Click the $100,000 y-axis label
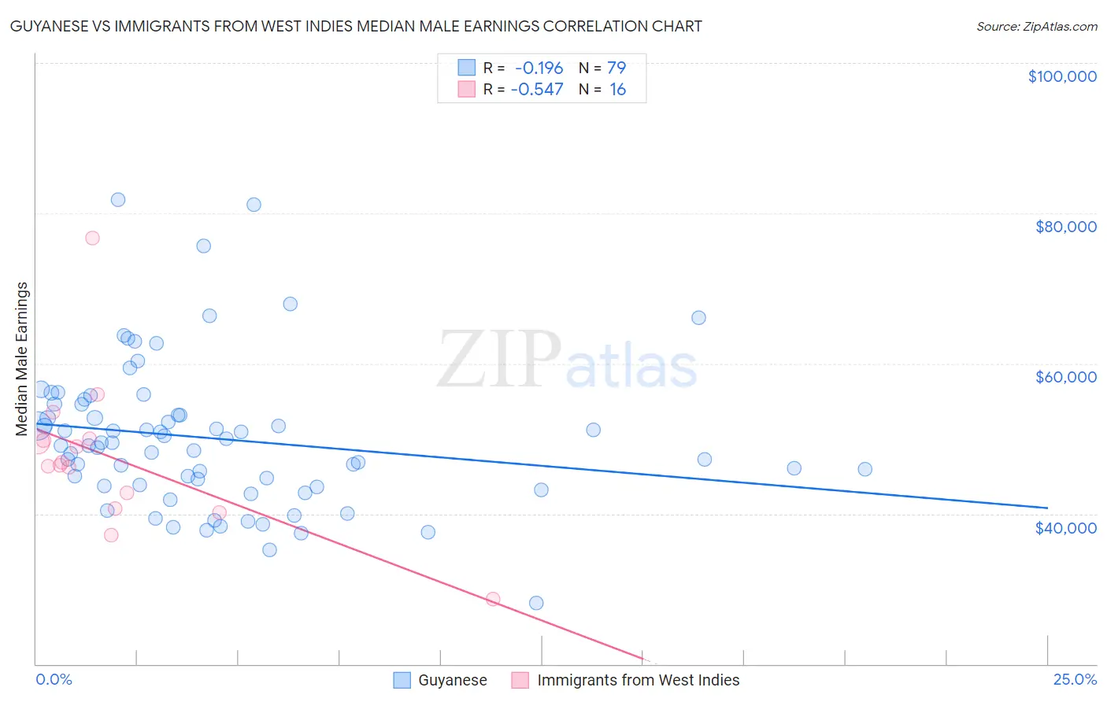pos(1062,76)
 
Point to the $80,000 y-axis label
pos(1065,227)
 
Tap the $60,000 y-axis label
pos(1065,377)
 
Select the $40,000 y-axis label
pos(1065,527)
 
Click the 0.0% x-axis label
pos(54,680)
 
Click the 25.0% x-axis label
pos(1075,680)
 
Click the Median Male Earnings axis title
pos(22,359)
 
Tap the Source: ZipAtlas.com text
pos(1036,26)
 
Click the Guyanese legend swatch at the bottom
pos(402,680)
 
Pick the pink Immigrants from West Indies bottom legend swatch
pos(520,680)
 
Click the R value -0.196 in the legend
pos(539,68)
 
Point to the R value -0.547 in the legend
pos(537,90)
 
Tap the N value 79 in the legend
pos(616,68)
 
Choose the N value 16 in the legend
pos(617,90)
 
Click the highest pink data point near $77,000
pos(92,238)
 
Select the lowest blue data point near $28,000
pos(536,603)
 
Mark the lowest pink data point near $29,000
pos(493,599)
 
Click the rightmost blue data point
pos(864,469)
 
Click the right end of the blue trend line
pos(1047,508)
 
